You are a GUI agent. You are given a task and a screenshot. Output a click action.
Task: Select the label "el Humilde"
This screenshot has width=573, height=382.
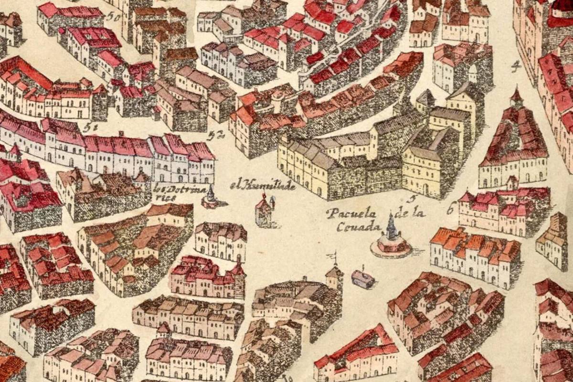coord(262,185)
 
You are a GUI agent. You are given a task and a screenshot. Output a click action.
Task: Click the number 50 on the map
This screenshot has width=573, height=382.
coord(113,16)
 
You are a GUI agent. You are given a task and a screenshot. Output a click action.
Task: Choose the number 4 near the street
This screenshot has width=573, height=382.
coord(515,67)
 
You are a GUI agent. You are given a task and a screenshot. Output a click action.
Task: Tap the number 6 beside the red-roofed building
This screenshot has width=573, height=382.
coord(450,208)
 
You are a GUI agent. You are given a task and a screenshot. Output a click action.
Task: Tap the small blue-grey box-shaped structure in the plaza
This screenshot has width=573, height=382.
coord(363,279)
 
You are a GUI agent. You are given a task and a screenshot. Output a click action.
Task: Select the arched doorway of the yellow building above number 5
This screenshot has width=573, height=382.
coord(425,189)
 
